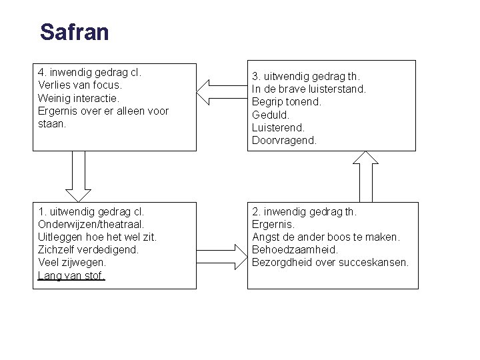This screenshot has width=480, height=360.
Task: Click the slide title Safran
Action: click(74, 32)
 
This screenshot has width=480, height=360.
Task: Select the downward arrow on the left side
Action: click(79, 175)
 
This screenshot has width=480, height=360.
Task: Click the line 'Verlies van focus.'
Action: click(80, 85)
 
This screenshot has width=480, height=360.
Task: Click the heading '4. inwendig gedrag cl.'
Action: click(91, 73)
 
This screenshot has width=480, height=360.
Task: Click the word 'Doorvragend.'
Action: click(284, 140)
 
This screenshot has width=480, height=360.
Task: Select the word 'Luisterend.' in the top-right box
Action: click(278, 127)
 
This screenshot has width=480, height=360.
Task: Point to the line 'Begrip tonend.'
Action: click(287, 102)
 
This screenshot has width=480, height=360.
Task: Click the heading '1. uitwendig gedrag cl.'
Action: click(91, 212)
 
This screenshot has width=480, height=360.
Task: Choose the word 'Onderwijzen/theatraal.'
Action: click(91, 225)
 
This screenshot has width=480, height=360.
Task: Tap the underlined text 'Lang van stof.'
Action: click(71, 275)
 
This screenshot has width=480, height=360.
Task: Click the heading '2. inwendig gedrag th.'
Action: click(304, 212)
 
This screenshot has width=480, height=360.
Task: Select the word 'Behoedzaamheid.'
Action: click(295, 250)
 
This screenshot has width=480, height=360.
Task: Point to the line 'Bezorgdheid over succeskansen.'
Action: click(330, 263)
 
